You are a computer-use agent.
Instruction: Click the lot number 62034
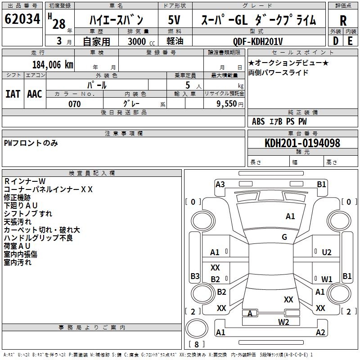click(x=22, y=20)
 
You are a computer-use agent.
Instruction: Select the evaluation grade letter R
click(x=343, y=20)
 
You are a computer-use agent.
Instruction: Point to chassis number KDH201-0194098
click(x=302, y=143)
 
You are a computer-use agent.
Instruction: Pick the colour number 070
click(x=74, y=104)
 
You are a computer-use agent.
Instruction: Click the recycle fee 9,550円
click(x=230, y=104)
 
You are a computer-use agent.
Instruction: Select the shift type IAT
click(x=13, y=94)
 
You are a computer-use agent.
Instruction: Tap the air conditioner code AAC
click(x=35, y=94)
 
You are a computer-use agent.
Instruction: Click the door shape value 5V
click(x=174, y=20)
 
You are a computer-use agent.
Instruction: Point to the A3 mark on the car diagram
click(x=220, y=184)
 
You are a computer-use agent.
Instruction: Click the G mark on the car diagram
click(x=284, y=237)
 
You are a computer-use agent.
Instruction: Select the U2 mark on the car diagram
click(x=327, y=252)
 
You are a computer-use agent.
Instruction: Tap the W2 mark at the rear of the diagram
click(x=283, y=322)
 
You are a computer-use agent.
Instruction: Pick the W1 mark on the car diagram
click(x=327, y=279)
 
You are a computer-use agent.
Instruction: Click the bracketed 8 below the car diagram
click(x=197, y=344)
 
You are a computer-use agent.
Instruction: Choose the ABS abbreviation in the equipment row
click(x=258, y=121)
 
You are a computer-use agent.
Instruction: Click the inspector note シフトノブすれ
click(x=28, y=213)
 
